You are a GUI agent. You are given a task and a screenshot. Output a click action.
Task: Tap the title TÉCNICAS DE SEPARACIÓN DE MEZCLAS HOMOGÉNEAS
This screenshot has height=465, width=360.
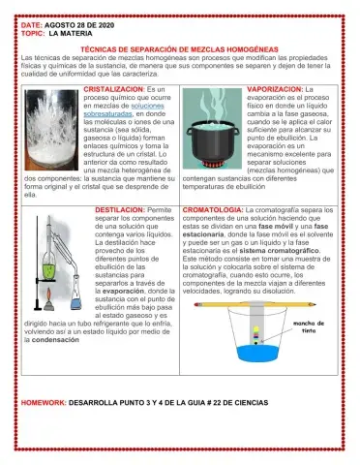point(178,48)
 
